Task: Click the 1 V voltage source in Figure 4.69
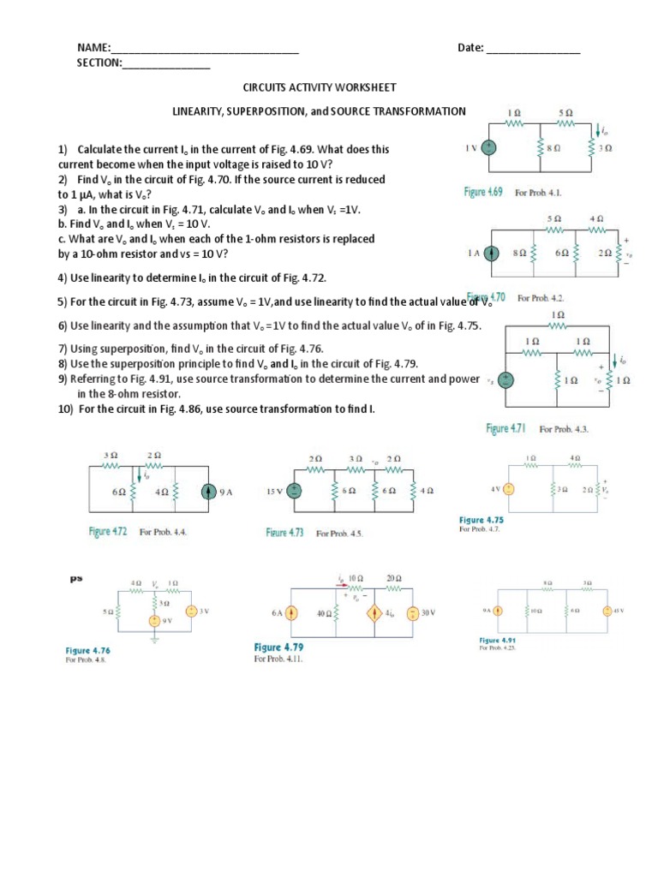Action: [x=488, y=147]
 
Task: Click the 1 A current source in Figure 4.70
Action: [x=491, y=254]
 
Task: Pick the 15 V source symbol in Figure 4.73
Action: [x=293, y=491]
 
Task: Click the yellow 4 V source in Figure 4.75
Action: [x=507, y=489]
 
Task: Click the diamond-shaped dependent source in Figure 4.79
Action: [x=374, y=613]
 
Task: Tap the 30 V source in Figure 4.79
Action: [x=413, y=613]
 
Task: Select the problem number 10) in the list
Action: [x=67, y=409]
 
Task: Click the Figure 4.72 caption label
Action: [x=108, y=532]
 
